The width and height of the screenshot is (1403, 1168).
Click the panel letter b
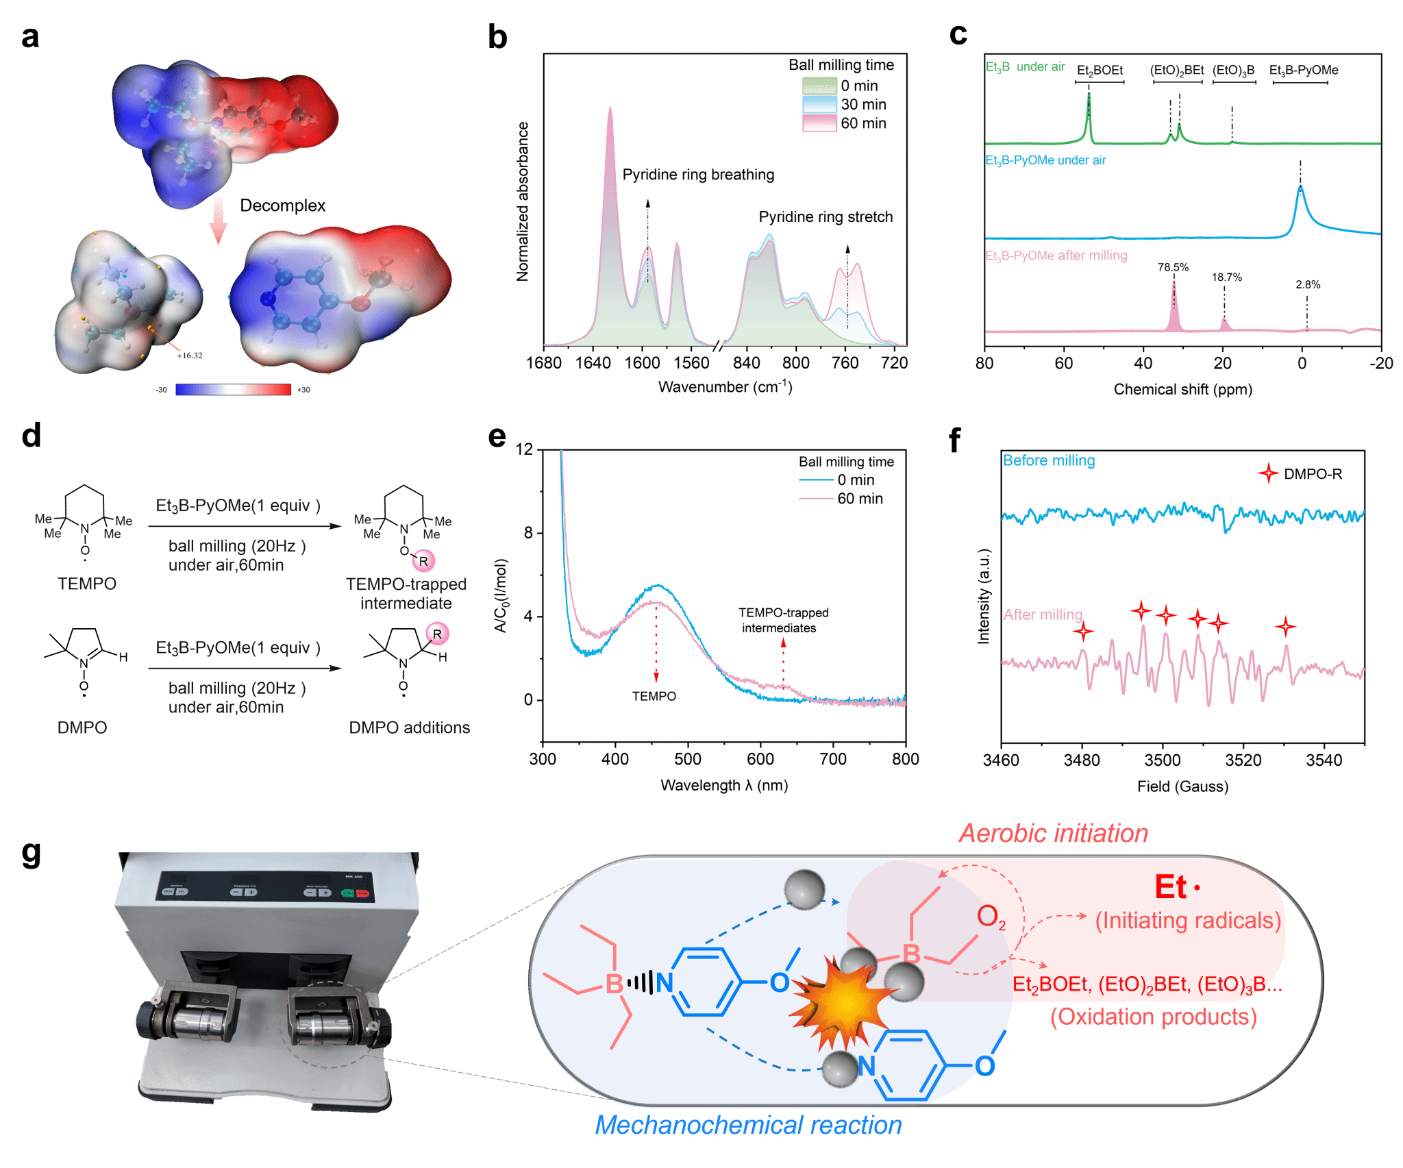pos(497,37)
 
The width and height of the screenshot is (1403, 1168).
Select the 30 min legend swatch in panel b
pos(819,104)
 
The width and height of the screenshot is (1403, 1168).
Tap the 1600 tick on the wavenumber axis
pos(642,363)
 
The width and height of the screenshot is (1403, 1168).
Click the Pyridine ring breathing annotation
pos(698,175)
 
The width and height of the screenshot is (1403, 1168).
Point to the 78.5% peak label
pos(1173,267)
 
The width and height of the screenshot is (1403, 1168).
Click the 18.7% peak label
pos(1226,277)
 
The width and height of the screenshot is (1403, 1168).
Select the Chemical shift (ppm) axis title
pos(1182,389)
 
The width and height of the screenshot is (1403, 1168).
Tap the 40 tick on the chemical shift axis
pos(1143,363)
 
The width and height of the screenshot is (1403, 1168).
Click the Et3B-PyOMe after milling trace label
pos(1056,256)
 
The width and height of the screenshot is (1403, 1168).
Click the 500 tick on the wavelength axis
pos(687,759)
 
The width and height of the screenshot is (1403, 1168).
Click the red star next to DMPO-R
pos(1268,473)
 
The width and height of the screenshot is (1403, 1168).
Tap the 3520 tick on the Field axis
pos(1243,760)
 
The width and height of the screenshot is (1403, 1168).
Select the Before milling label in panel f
pos(1048,460)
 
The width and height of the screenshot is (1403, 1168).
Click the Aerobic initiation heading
pos(1053,833)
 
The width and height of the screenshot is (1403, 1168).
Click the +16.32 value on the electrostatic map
pos(190,356)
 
